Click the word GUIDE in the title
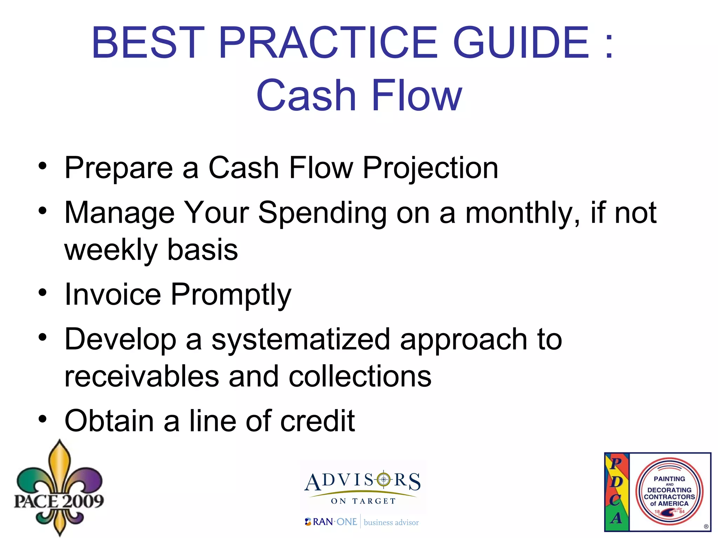click(521, 43)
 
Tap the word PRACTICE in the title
click(328, 43)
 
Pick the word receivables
click(142, 377)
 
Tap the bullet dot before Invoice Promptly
click(42, 292)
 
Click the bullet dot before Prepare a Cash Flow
click(42, 166)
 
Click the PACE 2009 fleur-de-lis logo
click(59, 489)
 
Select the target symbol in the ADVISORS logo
click(384, 479)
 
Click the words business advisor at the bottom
click(391, 523)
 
